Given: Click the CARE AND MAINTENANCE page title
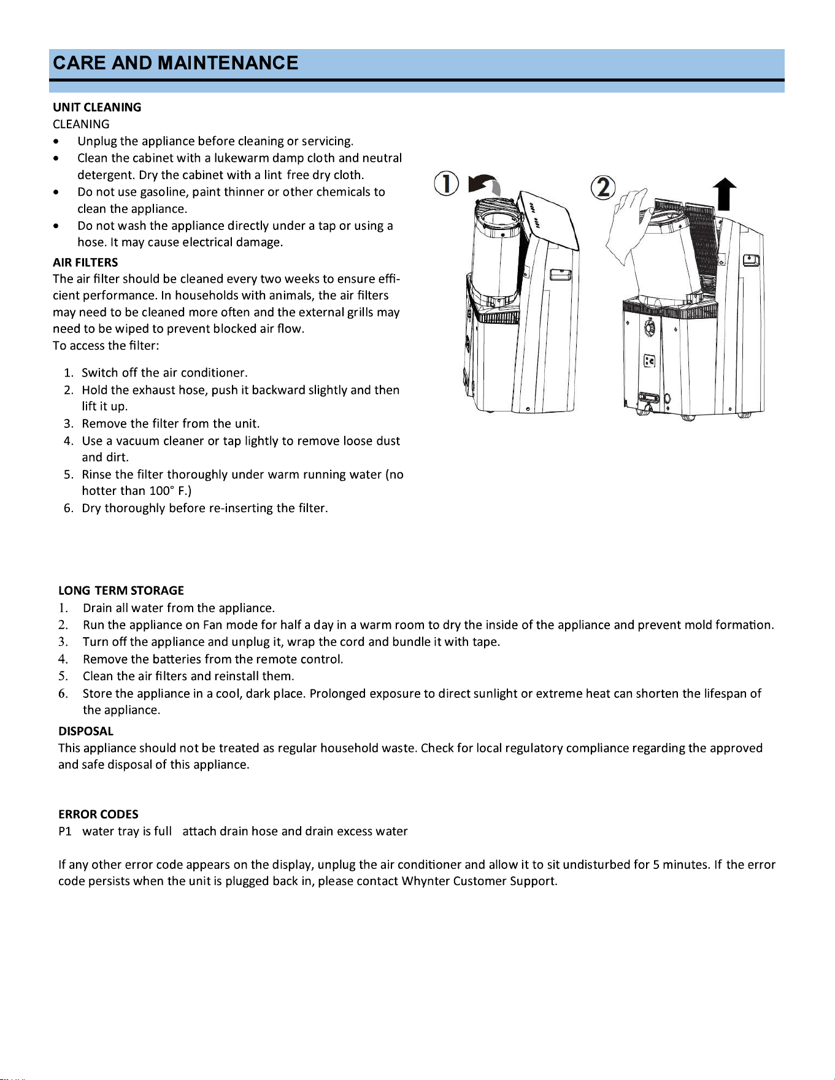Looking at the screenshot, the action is click(x=175, y=63).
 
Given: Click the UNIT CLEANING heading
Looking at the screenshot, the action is click(x=97, y=107).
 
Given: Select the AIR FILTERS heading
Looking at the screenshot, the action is click(x=85, y=262).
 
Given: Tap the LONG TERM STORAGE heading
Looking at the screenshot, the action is click(x=121, y=591).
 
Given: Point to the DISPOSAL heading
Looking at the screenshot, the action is click(x=86, y=731).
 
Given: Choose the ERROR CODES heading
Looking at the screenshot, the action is click(x=98, y=814).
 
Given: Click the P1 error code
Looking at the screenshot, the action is click(x=65, y=831).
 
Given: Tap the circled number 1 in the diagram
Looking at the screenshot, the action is click(x=446, y=184).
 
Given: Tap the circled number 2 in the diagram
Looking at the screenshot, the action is click(x=603, y=187).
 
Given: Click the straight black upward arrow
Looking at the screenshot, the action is click(x=725, y=194).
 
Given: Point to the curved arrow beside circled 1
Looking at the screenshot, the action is click(x=485, y=184).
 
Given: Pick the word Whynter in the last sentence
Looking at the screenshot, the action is click(x=426, y=881).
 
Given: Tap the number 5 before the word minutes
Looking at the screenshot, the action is click(x=656, y=865).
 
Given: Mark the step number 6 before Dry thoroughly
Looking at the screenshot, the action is click(x=68, y=508).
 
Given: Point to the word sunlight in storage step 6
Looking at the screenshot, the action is click(x=495, y=694).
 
